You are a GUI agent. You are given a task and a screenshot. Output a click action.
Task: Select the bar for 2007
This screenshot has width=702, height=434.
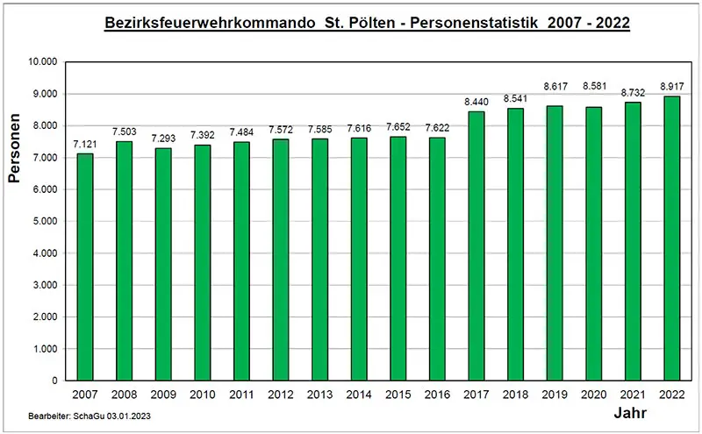(x=85, y=267)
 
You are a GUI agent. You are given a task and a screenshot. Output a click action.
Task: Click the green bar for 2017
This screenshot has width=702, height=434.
(x=476, y=246)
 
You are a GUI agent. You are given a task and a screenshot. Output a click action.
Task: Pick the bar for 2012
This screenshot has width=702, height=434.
(x=281, y=260)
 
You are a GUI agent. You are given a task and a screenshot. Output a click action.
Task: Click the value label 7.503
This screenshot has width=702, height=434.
(x=125, y=132)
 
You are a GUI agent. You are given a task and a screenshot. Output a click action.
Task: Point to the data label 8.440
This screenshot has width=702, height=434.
(x=476, y=102)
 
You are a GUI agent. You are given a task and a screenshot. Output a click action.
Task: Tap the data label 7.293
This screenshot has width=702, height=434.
(x=164, y=139)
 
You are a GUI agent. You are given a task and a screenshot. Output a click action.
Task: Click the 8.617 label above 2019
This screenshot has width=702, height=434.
(x=555, y=87)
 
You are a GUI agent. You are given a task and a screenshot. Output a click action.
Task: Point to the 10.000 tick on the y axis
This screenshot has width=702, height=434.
(x=42, y=62)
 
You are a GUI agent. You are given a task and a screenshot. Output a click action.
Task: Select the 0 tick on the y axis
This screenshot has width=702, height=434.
(x=54, y=381)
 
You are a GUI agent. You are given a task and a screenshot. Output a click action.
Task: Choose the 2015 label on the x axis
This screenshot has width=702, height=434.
(x=398, y=395)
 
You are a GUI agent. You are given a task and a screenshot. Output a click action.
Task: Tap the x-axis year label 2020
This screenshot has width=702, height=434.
(x=594, y=395)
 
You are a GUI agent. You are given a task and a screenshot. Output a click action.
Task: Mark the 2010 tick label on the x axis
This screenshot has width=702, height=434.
(x=203, y=395)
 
